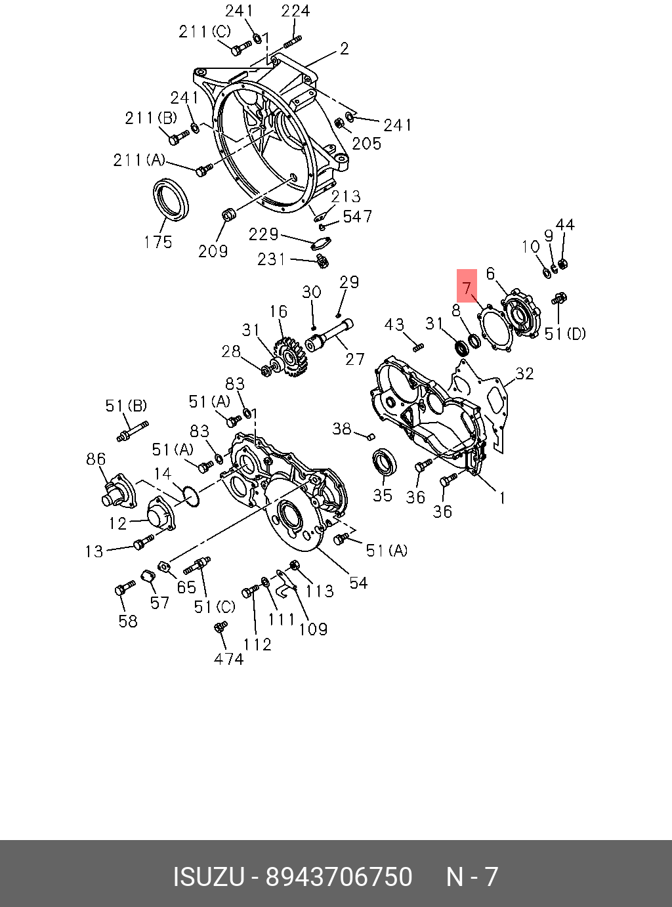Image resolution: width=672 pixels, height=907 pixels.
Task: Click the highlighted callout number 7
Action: click(467, 286)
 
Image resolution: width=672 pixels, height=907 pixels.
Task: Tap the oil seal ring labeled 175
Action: click(171, 198)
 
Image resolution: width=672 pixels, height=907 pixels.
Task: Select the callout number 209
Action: click(213, 251)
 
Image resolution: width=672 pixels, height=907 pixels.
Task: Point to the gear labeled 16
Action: click(290, 357)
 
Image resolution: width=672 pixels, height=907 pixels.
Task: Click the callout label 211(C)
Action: click(205, 32)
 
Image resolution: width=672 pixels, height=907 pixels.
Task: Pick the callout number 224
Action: click(295, 11)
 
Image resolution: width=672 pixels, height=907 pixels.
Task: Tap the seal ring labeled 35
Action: click(385, 462)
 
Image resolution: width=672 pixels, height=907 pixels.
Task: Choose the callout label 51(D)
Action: click(565, 333)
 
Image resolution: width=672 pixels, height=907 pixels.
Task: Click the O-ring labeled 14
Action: click(190, 497)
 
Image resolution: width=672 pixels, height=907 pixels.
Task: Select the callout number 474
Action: click(228, 659)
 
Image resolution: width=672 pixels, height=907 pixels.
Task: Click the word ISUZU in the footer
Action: click(209, 877)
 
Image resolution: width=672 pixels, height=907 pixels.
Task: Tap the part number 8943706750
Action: click(339, 877)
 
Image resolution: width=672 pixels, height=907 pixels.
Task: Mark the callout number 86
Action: click(96, 459)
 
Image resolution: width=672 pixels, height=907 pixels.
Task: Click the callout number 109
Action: click(313, 629)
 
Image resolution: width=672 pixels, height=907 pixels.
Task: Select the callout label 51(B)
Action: click(126, 406)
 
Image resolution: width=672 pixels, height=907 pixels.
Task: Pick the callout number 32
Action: click(524, 373)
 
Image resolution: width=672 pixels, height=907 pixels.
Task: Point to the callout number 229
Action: click(263, 234)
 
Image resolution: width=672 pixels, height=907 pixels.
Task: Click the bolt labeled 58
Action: click(123, 589)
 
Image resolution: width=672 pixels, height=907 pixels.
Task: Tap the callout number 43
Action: click(394, 324)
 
